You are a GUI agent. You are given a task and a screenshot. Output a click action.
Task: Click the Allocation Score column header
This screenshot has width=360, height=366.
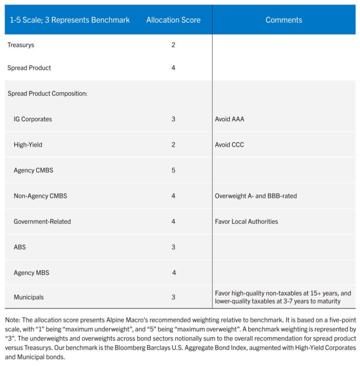coord(173,20)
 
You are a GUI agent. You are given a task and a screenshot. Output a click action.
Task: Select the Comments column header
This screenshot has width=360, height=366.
coord(284,20)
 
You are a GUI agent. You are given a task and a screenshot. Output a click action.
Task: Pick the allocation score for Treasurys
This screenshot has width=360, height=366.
coord(173,45)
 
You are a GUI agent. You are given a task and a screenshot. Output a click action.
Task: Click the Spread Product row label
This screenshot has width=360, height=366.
coord(29,68)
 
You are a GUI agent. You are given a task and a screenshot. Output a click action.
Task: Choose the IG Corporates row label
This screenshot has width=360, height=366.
coord(33,119)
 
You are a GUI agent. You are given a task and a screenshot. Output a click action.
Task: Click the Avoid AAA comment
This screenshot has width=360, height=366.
coord(230,119)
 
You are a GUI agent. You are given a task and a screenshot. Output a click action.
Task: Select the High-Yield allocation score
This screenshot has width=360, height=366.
coord(173,145)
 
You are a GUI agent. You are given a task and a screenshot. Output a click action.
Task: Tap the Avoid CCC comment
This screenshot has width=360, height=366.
coord(230,145)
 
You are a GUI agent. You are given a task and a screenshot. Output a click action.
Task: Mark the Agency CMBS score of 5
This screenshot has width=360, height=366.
coord(173,170)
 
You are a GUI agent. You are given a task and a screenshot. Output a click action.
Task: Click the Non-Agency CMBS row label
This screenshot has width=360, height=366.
coord(40,196)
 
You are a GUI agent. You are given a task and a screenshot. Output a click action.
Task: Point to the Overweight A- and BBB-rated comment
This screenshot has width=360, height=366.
coord(256,196)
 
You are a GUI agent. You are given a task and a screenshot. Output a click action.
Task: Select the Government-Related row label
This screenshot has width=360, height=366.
coord(42,222)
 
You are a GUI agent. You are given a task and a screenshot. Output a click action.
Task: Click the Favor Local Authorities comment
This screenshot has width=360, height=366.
coord(246,222)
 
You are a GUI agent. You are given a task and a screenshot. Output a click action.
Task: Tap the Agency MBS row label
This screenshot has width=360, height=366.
coord(32,273)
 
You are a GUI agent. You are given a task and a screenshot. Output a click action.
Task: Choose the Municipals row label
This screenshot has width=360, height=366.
coord(28,297)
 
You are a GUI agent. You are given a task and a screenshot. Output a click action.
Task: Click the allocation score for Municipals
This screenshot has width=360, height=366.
coord(173,297)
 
